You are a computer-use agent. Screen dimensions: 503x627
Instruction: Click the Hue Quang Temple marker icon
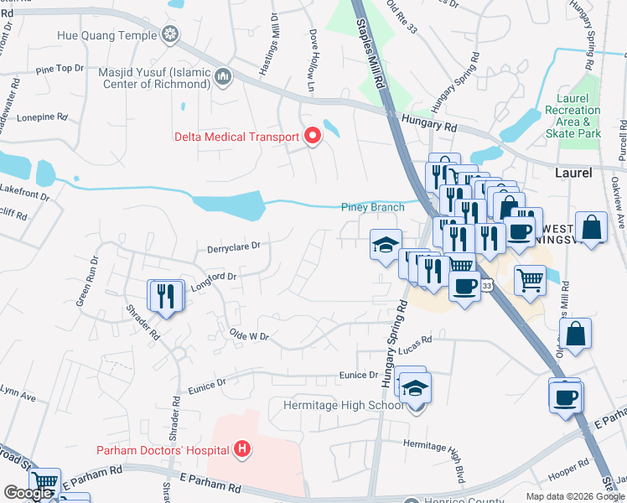(x=171, y=35)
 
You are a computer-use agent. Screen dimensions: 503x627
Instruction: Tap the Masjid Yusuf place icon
(x=223, y=78)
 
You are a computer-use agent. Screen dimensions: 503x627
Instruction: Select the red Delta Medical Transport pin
(x=313, y=136)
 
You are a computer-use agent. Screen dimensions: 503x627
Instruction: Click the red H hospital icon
(x=242, y=450)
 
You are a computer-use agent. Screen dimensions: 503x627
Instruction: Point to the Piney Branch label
(x=372, y=207)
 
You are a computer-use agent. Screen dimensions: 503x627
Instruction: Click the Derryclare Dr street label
(x=234, y=246)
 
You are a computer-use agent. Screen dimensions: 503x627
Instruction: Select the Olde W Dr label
(x=248, y=336)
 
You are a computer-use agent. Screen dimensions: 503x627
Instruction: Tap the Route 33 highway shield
(x=487, y=286)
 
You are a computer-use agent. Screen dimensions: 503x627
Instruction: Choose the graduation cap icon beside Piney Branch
(x=385, y=245)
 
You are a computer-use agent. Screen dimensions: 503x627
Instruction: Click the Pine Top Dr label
(x=60, y=68)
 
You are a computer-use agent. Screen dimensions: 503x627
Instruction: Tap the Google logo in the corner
(x=28, y=493)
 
